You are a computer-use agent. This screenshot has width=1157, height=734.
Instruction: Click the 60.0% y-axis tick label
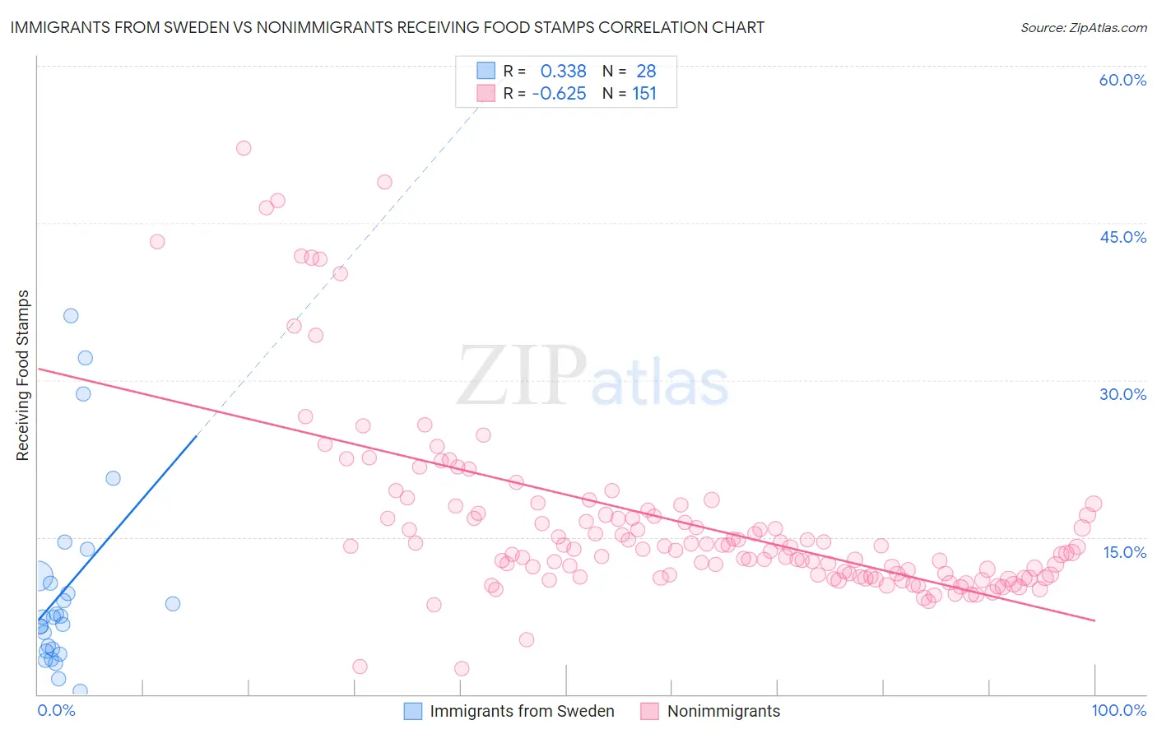(x=1122, y=80)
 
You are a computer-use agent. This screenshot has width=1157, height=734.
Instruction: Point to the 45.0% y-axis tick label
(x=1122, y=237)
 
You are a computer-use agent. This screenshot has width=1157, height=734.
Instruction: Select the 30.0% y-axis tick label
(x=1122, y=394)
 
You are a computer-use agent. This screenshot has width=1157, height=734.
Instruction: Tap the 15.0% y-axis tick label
(x=1124, y=552)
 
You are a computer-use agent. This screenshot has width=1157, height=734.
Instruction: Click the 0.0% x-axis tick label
(x=56, y=710)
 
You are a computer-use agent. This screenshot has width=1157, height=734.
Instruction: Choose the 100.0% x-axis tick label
(x=1118, y=710)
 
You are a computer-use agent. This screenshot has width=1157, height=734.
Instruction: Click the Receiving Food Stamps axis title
(x=22, y=375)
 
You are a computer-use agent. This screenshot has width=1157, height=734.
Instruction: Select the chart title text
(x=387, y=27)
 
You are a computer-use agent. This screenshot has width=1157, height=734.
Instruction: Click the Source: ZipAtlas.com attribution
(x=1083, y=27)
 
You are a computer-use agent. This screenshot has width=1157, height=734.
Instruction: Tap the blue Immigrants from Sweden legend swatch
(x=413, y=711)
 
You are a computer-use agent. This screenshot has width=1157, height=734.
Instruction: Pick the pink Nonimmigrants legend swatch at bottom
(x=650, y=711)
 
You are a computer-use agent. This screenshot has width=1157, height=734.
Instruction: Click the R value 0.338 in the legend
(x=563, y=72)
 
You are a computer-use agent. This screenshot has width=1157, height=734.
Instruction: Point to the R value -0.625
(x=559, y=94)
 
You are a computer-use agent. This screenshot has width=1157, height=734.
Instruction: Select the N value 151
(x=644, y=94)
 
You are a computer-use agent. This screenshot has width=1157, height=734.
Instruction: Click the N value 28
(x=646, y=72)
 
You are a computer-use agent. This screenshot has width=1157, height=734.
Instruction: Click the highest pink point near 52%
(x=244, y=148)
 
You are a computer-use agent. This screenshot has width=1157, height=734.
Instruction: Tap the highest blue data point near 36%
(x=71, y=316)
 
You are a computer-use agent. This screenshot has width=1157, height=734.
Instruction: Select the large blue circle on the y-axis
(x=37, y=577)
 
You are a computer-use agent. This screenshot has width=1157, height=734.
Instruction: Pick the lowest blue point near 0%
(x=80, y=691)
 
